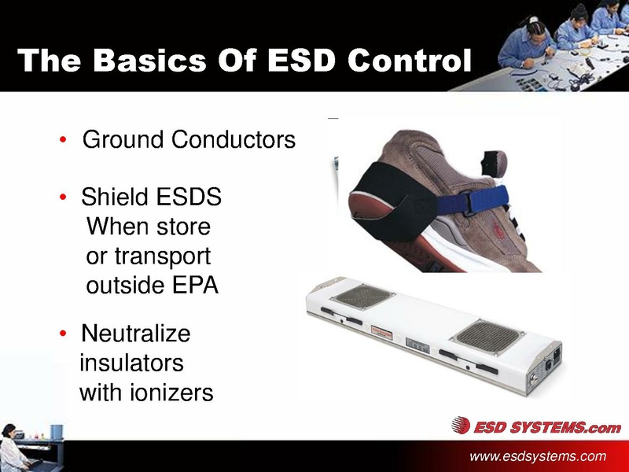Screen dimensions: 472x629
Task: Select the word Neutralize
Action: click(135, 334)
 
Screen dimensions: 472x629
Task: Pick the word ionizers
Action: click(171, 392)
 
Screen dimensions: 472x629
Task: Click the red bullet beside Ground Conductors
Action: click(63, 142)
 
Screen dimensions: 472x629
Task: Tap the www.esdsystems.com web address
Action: click(538, 456)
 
